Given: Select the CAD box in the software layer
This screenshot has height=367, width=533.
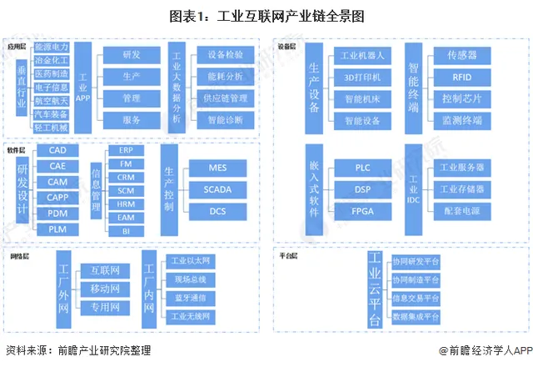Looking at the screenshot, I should click(x=57, y=151).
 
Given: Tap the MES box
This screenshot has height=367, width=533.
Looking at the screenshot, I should click(x=217, y=168).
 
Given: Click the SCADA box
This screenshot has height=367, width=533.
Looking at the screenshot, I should click(x=217, y=189).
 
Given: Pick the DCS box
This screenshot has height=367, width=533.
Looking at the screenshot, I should click(x=217, y=211).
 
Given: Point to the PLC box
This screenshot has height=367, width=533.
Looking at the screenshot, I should click(x=361, y=168).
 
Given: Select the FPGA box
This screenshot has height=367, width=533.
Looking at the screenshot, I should click(x=361, y=211).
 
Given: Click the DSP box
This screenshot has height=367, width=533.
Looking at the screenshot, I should click(x=361, y=189).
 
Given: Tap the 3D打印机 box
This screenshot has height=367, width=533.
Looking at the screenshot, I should click(x=361, y=78).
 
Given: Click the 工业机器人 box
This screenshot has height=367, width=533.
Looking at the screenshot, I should click(x=361, y=56).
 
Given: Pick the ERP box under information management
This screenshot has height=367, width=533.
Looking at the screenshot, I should click(x=125, y=150).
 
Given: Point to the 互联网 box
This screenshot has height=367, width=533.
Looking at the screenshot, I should click(x=105, y=270).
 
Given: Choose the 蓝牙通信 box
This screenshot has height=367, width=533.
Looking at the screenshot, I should click(x=190, y=297).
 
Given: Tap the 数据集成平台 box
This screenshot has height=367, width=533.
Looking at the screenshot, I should click(x=416, y=317).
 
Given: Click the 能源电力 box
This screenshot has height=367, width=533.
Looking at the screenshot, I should click(x=52, y=49).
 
